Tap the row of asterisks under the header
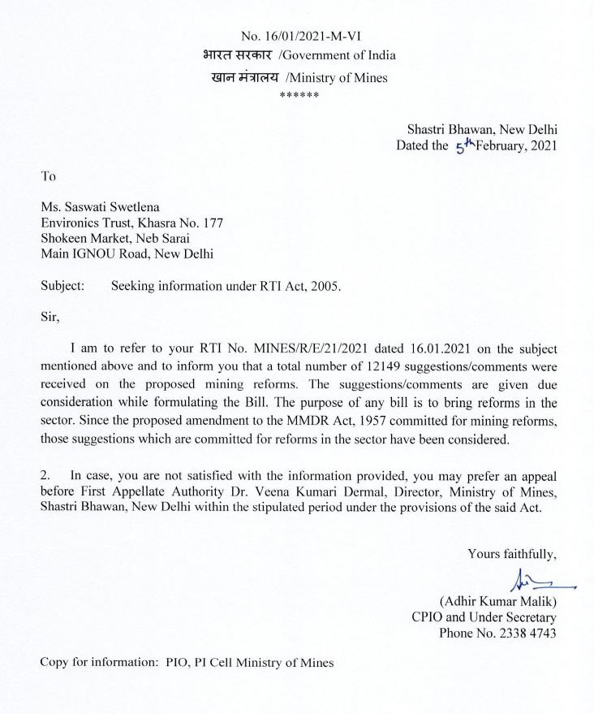pyautogui.click(x=299, y=96)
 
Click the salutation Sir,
pyautogui.click(x=50, y=318)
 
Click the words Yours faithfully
pyautogui.click(x=511, y=554)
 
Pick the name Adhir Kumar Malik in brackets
pyautogui.click(x=497, y=602)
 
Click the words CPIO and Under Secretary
pyautogui.click(x=484, y=617)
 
